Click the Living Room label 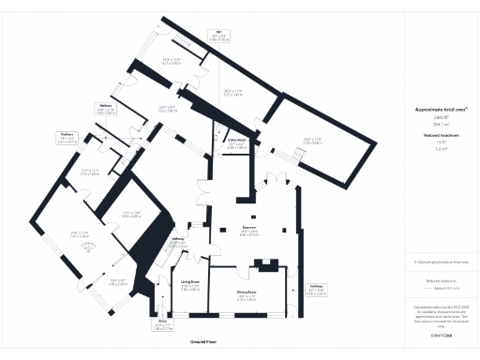(x=190, y=284)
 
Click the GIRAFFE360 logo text (x=441, y=334)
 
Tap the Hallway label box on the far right (x=316, y=290)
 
